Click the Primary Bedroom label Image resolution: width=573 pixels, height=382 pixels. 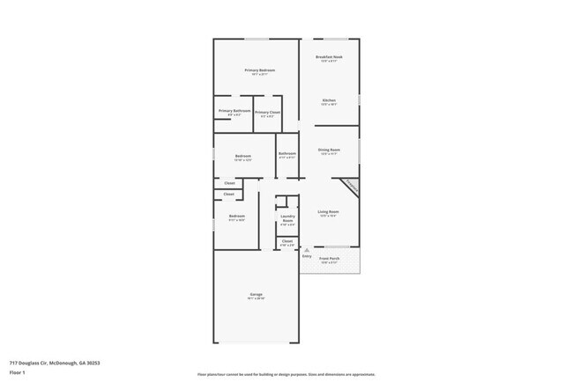[x=259, y=70]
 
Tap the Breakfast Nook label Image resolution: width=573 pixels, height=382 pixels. [x=330, y=56]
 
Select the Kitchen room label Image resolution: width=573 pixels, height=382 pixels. [x=329, y=100]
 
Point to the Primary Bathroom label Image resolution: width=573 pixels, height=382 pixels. [x=234, y=110]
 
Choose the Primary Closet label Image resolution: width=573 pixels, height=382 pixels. [x=268, y=112]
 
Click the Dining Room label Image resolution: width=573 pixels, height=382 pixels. [x=329, y=150]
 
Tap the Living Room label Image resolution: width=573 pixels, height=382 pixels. [x=329, y=211]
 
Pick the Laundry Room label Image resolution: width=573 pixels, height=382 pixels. [x=287, y=217]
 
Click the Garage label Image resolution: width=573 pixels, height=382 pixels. [x=256, y=294]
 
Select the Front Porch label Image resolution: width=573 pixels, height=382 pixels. [x=329, y=258]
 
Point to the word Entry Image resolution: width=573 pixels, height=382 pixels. [x=307, y=256]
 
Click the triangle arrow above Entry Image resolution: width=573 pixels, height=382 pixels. [x=307, y=250]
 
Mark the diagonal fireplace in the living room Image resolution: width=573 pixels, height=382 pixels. [x=350, y=187]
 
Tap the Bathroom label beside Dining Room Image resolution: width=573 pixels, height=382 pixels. [x=287, y=153]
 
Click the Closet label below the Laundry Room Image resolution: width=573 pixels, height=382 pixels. [x=287, y=240]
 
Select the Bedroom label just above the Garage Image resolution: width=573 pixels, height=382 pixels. [x=236, y=216]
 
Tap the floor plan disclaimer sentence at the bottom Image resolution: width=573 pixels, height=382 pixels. [x=286, y=374]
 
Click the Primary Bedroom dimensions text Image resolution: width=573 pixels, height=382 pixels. [x=259, y=75]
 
